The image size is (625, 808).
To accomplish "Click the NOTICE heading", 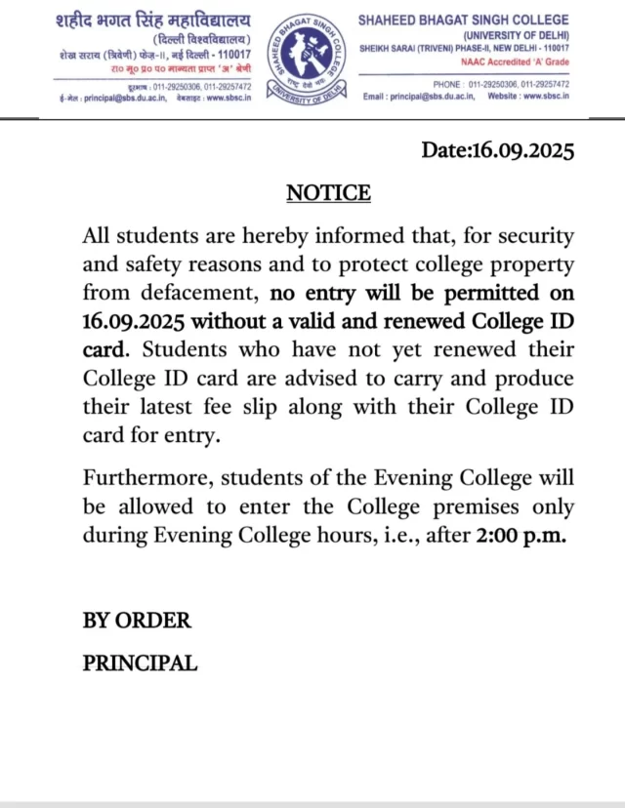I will [x=328, y=193].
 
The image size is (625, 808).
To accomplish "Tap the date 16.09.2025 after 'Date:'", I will [x=522, y=150].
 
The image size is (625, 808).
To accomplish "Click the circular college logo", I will [x=304, y=58].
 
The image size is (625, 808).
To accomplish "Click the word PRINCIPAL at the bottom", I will [x=140, y=664].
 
